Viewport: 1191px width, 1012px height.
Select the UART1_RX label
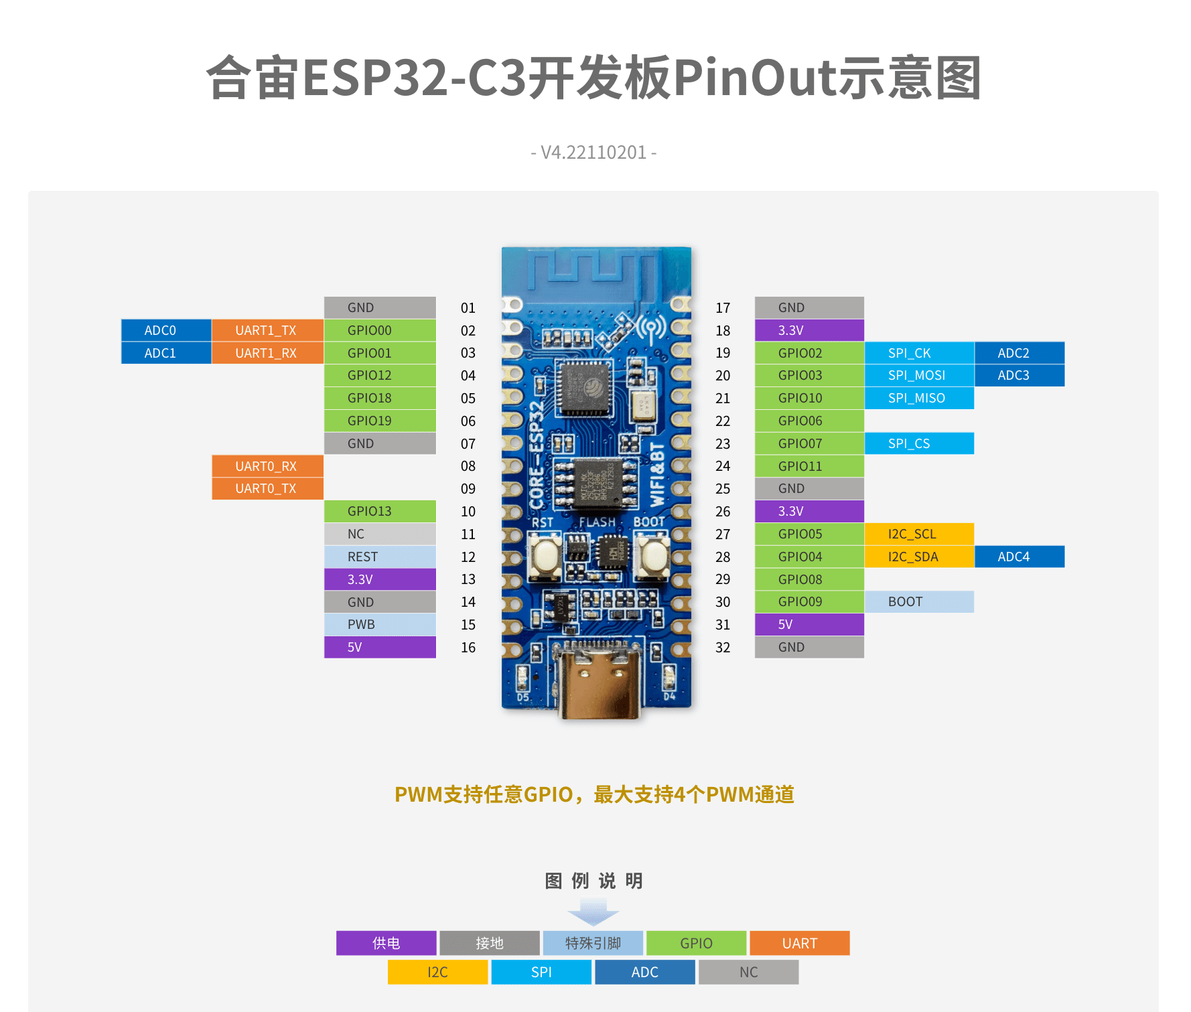coord(267,353)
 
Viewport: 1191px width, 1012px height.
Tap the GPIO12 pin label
coord(380,376)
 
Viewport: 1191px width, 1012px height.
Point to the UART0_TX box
coord(267,489)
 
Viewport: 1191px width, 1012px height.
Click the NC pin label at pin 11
coord(380,534)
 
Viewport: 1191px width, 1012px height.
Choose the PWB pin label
coord(380,625)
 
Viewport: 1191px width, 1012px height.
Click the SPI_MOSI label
coord(918,376)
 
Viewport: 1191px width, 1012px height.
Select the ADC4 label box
coord(1019,557)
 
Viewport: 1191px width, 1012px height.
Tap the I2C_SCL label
coord(918,534)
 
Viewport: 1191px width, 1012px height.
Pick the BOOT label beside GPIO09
coord(918,602)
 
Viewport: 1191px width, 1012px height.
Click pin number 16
coord(468,648)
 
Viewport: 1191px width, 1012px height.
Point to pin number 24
coord(723,466)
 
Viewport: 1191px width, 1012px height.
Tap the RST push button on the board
coord(546,555)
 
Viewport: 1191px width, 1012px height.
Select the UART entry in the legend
coord(800,943)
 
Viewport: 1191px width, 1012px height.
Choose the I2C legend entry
coord(437,972)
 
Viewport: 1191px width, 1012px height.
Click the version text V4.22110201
coord(593,153)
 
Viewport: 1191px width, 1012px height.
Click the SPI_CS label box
coord(918,443)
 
